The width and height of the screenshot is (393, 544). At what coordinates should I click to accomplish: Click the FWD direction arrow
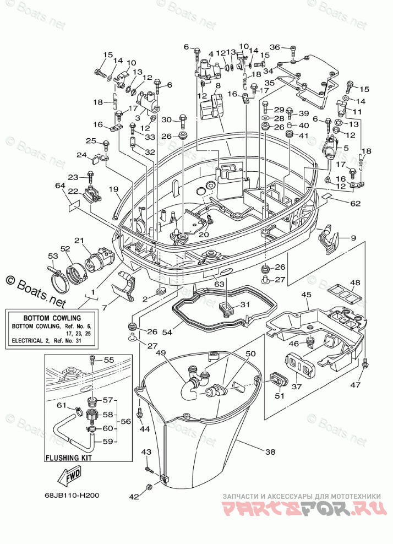click(69, 476)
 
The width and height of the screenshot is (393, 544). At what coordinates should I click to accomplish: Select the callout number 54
click(167, 333)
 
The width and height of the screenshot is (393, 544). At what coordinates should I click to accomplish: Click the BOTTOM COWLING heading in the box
click(52, 318)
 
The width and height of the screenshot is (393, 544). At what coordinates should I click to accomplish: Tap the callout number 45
click(306, 295)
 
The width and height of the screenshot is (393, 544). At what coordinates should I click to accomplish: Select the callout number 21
click(79, 241)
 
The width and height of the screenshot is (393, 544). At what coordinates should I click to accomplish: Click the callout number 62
click(355, 203)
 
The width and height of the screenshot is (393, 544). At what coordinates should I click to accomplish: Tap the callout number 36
click(275, 47)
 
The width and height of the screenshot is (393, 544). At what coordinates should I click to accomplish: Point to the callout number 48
click(355, 283)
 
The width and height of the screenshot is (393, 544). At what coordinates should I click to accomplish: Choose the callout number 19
click(114, 189)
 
